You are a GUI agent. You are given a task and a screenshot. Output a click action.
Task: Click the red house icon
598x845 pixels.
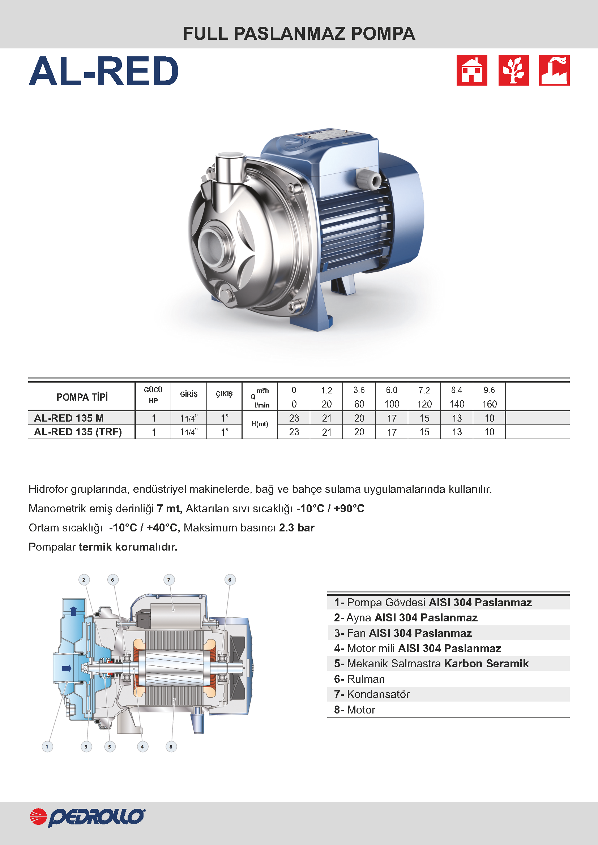point(472,70)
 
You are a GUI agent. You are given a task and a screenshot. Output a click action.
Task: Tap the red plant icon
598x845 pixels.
point(513,70)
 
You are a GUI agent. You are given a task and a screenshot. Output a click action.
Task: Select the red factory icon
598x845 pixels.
point(554,70)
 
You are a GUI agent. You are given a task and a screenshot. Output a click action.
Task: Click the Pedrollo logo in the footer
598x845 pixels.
point(87,818)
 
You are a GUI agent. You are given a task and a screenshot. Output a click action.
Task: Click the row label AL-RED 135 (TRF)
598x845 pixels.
point(78,432)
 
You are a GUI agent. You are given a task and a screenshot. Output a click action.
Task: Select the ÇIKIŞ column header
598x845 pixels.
point(224,394)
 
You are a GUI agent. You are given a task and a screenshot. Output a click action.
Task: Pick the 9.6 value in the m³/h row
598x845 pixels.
point(489,390)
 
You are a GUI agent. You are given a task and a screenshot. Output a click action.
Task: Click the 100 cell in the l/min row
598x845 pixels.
point(392,404)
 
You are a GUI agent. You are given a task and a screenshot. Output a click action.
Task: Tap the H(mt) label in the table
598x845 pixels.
point(260,424)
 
